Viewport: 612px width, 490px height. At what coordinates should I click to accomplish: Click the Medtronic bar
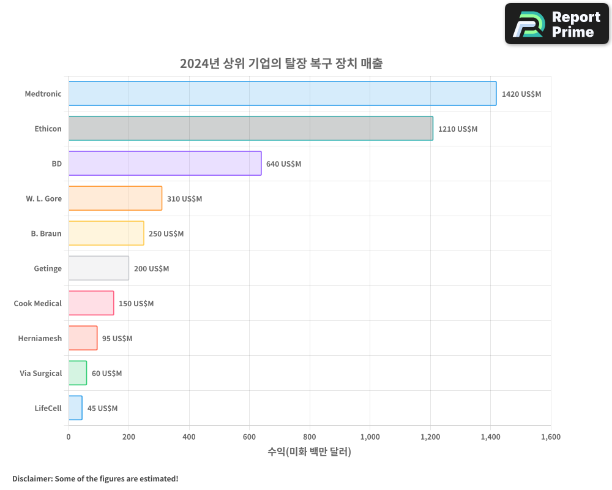coord(282,94)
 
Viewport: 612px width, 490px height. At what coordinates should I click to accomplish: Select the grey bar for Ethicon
coord(250,129)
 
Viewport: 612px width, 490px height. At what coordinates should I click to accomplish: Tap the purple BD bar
coord(165,164)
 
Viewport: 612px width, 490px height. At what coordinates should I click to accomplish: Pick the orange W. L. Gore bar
coord(115,198)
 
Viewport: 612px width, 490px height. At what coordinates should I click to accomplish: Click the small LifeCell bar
coord(75,408)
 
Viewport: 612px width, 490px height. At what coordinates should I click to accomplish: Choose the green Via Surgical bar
coord(78,373)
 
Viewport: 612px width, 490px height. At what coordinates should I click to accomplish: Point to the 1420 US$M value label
coord(521,94)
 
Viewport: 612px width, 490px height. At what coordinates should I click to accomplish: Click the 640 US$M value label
coord(283,164)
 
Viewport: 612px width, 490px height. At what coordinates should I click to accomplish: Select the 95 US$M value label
coord(117,339)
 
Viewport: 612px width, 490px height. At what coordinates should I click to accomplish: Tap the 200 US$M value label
coord(151,269)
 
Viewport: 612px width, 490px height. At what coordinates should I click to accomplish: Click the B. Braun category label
coord(46,233)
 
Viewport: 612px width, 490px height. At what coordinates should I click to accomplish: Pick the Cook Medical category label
coord(37,303)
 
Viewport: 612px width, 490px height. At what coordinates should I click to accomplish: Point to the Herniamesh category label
coord(40,338)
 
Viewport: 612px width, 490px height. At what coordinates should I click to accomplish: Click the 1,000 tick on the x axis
coord(370,437)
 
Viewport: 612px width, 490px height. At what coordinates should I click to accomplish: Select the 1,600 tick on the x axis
coord(551,437)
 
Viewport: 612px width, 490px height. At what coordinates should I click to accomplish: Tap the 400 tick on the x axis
coord(189,437)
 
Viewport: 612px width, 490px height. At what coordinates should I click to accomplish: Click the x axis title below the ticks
coord(309,452)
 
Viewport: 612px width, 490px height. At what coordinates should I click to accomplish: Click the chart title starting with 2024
coord(281,64)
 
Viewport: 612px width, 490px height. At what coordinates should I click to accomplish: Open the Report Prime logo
coord(557,24)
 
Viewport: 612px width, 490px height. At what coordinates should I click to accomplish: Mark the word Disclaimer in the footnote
coord(32,478)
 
